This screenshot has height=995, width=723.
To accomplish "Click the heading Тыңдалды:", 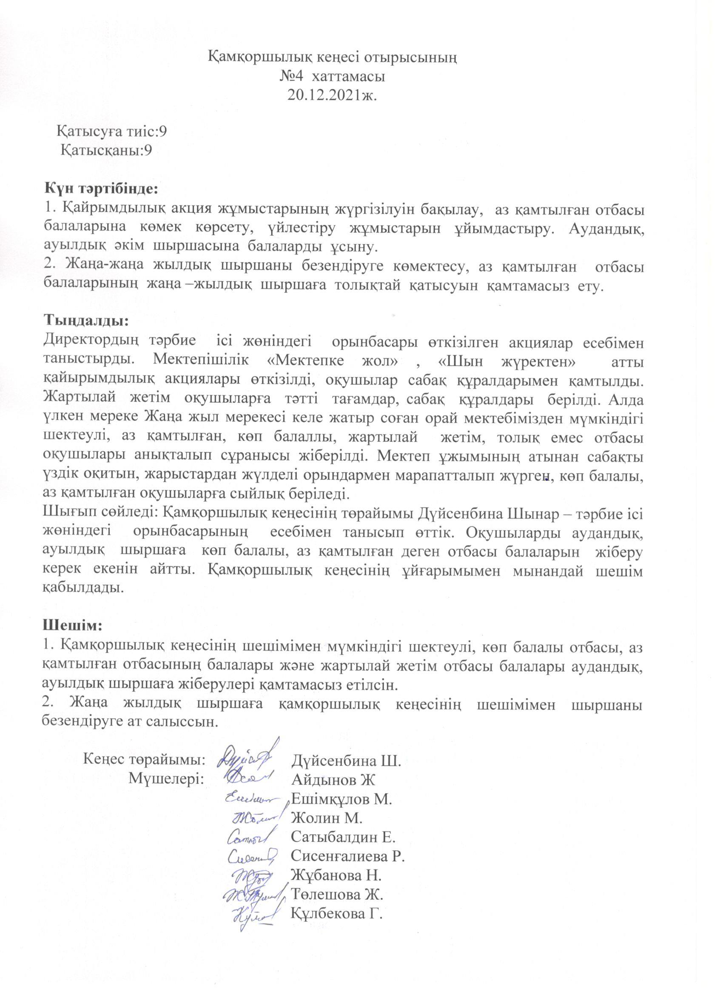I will [86, 321].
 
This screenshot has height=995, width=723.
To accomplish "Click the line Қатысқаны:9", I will [107, 151].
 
